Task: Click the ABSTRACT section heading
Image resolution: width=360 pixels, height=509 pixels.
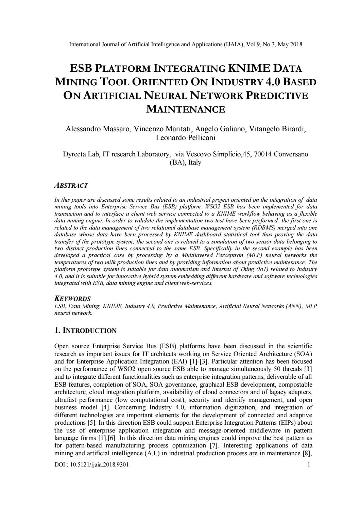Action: pyautogui.click(x=71, y=186)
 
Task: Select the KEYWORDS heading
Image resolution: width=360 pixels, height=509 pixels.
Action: pyautogui.click(x=72, y=299)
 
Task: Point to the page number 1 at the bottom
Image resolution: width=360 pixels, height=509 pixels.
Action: pyautogui.click(x=309, y=465)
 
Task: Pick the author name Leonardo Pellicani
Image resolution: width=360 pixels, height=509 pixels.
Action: pyautogui.click(x=186, y=138)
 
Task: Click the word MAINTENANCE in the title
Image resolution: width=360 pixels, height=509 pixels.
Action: pyautogui.click(x=186, y=109)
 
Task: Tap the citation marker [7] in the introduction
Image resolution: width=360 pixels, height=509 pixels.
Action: pyautogui.click(x=211, y=445)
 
